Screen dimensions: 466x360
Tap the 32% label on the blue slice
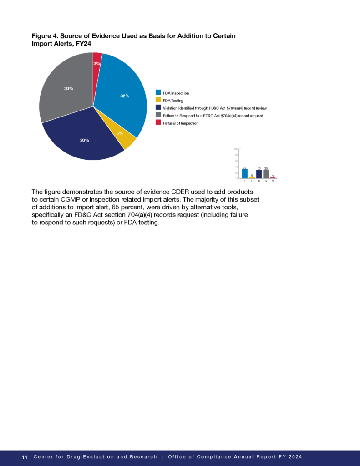click(125, 96)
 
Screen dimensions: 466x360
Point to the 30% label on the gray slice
click(69, 88)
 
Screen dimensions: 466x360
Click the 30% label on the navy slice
click(84, 140)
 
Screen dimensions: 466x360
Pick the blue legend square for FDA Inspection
click(158, 93)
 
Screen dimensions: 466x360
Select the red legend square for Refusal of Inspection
click(158, 122)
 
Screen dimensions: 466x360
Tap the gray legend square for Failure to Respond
click(158, 115)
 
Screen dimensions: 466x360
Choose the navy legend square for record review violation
click(158, 107)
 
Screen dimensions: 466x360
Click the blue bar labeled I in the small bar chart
click(245, 173)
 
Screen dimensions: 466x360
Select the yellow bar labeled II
click(252, 177)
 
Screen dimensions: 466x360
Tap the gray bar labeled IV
click(266, 174)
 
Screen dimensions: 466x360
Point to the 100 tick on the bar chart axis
click(236, 149)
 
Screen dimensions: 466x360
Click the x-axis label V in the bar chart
click(273, 181)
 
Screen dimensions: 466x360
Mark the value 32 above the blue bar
click(245, 168)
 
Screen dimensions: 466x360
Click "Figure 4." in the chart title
click(44, 35)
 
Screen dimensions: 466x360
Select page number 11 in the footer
click(25, 457)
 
